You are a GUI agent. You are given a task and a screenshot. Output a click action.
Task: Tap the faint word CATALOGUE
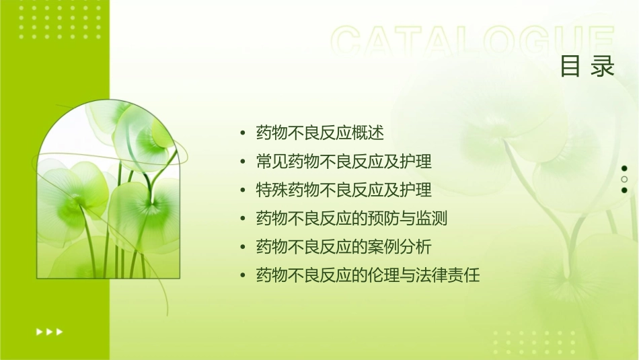[x=472, y=41]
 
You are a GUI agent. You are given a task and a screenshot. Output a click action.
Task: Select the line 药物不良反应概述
[x=319, y=133]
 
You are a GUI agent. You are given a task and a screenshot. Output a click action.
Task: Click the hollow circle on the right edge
[x=624, y=179]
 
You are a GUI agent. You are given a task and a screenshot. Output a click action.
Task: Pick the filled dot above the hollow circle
[x=624, y=168]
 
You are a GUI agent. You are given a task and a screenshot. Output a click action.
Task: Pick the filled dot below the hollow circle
[x=624, y=190]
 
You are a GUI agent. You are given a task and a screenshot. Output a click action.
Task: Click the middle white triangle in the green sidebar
[x=49, y=332]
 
